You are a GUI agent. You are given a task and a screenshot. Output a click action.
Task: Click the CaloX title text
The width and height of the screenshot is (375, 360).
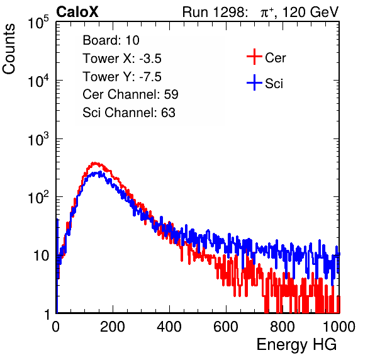(77, 12)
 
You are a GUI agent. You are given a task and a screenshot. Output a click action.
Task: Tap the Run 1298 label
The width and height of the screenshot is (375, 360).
(214, 12)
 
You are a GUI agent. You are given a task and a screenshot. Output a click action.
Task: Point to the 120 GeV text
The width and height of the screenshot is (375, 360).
(311, 12)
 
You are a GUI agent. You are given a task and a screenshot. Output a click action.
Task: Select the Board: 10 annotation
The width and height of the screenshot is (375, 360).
(111, 40)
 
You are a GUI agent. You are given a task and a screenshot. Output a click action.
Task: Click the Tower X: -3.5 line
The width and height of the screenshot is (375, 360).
(122, 59)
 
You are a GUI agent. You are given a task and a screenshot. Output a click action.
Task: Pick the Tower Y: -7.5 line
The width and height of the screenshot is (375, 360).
(122, 77)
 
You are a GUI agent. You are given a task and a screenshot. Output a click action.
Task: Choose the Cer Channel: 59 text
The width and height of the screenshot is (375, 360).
(130, 94)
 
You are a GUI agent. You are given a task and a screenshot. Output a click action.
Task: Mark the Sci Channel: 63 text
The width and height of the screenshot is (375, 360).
(129, 113)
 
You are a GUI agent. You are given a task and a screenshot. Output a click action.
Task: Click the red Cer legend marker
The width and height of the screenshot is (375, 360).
(254, 57)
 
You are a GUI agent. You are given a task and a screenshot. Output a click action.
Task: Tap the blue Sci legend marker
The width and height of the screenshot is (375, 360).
(254, 83)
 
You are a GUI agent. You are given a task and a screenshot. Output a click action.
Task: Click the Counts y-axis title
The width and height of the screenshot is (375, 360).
(9, 49)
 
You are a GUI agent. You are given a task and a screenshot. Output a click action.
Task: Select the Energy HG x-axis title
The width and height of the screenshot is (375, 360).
(296, 345)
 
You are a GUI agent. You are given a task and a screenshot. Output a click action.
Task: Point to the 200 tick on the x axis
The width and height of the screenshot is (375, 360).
(113, 326)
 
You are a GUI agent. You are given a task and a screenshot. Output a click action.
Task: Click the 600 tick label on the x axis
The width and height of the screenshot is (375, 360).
(226, 326)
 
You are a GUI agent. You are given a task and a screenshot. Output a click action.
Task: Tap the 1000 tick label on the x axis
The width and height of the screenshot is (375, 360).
(339, 326)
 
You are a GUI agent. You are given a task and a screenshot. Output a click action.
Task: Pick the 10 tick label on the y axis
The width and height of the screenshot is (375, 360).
(42, 256)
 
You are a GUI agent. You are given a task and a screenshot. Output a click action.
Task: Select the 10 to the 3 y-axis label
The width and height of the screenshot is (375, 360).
(38, 139)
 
